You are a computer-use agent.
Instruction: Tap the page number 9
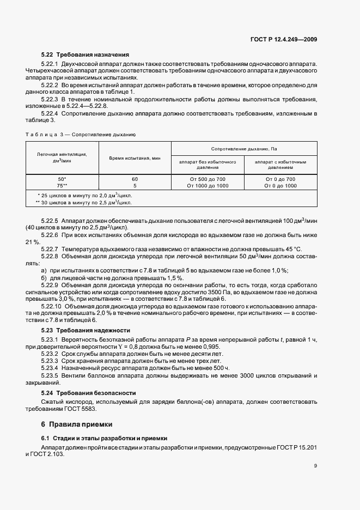tap(315, 465)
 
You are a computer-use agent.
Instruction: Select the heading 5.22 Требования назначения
tap(85, 54)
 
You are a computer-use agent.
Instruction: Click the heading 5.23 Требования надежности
tap(86, 330)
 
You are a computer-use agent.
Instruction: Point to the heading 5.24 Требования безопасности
tap(89, 393)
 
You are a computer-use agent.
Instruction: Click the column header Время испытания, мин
tap(135, 157)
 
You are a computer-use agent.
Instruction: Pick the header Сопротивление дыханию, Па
tap(244, 149)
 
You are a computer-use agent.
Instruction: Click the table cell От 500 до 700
tap(208, 179)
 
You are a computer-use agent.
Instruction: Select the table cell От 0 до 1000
tap(280, 186)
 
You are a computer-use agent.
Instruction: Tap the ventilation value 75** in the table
tap(62, 186)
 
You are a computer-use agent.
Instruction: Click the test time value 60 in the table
tap(135, 179)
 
